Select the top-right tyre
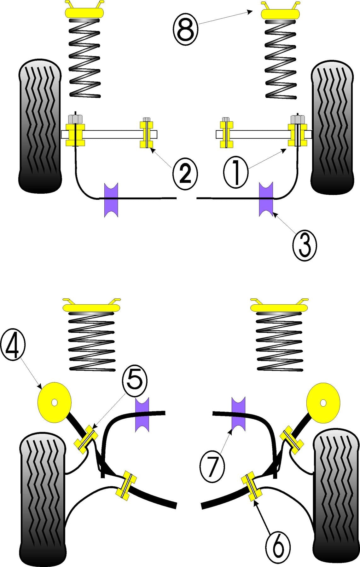[332, 128]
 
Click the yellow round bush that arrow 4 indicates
[54, 402]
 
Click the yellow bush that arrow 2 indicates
[147, 134]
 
